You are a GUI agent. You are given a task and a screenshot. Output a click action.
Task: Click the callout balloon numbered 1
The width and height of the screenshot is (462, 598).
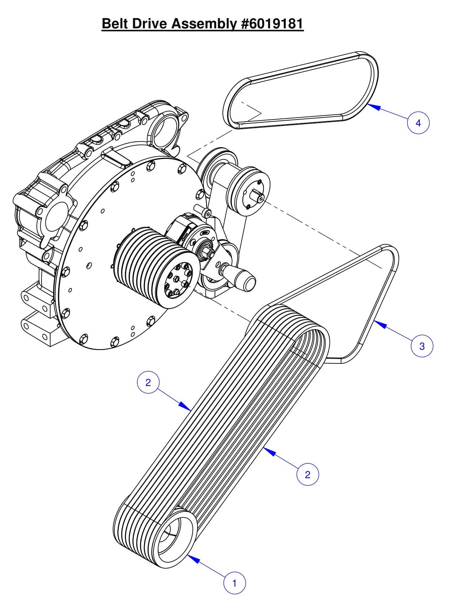tap(235, 583)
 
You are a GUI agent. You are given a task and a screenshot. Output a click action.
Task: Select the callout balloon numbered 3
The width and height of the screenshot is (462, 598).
tap(422, 346)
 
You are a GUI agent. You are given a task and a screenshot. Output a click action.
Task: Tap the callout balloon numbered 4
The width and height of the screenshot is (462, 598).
tap(418, 123)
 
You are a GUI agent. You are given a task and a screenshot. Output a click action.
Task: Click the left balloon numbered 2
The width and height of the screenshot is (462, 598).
tap(148, 383)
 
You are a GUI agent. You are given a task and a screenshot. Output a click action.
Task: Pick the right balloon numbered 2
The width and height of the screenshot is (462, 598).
tap(308, 474)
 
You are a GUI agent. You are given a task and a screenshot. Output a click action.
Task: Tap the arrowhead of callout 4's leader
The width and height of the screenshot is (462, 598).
tap(369, 105)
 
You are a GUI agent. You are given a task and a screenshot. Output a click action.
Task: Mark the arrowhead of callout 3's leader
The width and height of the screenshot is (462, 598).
tap(376, 322)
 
